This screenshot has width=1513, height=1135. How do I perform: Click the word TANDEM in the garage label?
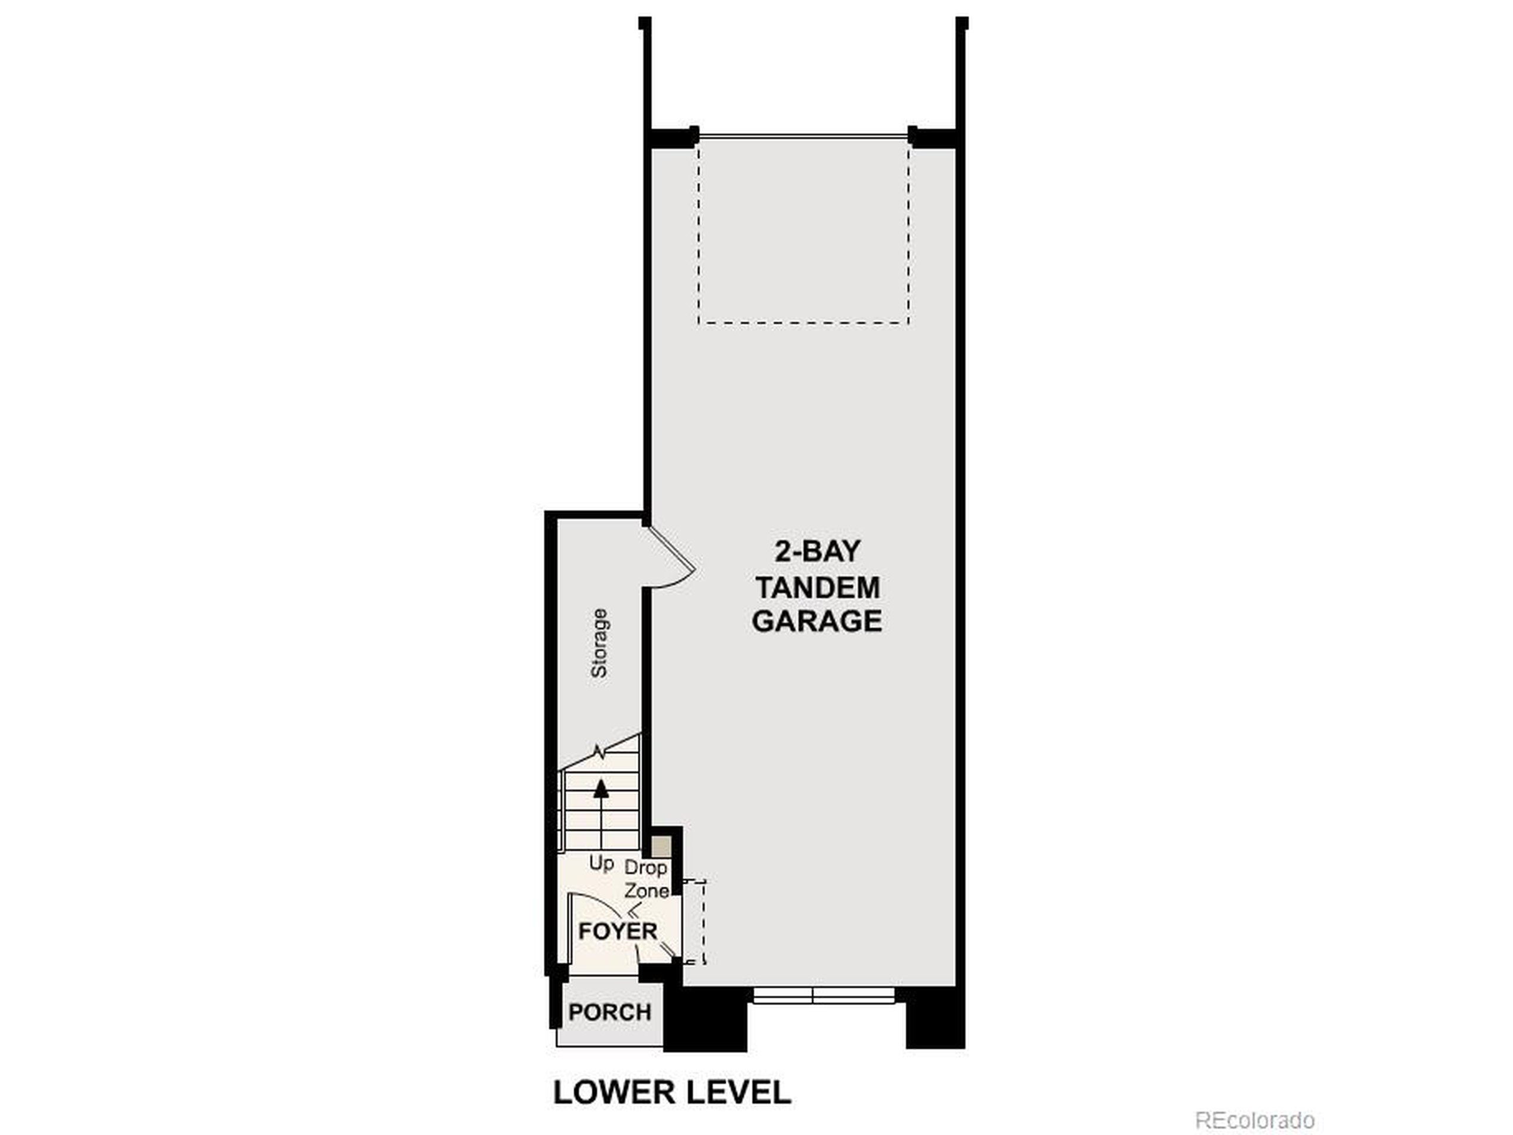point(817,587)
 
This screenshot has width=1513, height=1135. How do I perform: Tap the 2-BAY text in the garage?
point(817,552)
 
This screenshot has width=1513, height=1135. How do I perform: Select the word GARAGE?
point(817,621)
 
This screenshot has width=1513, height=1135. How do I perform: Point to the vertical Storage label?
point(599,643)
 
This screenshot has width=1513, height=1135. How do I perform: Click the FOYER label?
point(617,930)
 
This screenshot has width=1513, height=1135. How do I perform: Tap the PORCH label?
point(609,1012)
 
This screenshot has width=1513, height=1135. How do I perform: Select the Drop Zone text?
point(647,879)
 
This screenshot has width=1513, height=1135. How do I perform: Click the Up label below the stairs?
point(601,864)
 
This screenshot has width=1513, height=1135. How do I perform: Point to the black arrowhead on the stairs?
point(601,788)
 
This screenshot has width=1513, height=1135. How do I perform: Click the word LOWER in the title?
point(613,1092)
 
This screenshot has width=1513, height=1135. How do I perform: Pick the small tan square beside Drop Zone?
point(661,847)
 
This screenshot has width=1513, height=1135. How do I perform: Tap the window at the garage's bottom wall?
point(823,995)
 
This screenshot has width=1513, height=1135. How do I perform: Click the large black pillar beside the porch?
point(706,1019)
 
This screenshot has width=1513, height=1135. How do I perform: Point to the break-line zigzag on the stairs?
point(600,753)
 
